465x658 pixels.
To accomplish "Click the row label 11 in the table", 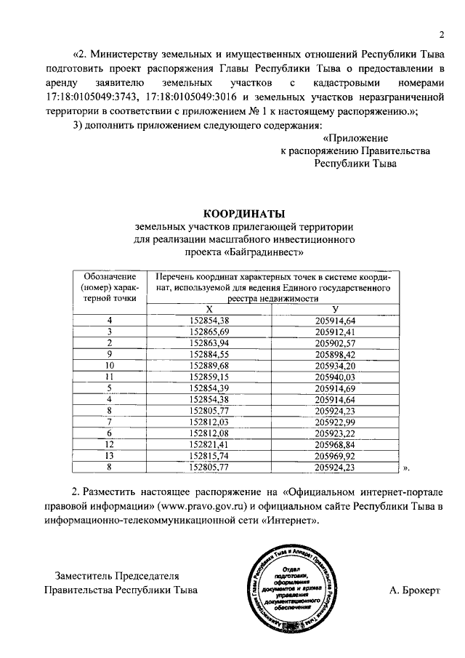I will (110, 377).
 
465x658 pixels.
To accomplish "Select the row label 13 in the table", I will (110, 455).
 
